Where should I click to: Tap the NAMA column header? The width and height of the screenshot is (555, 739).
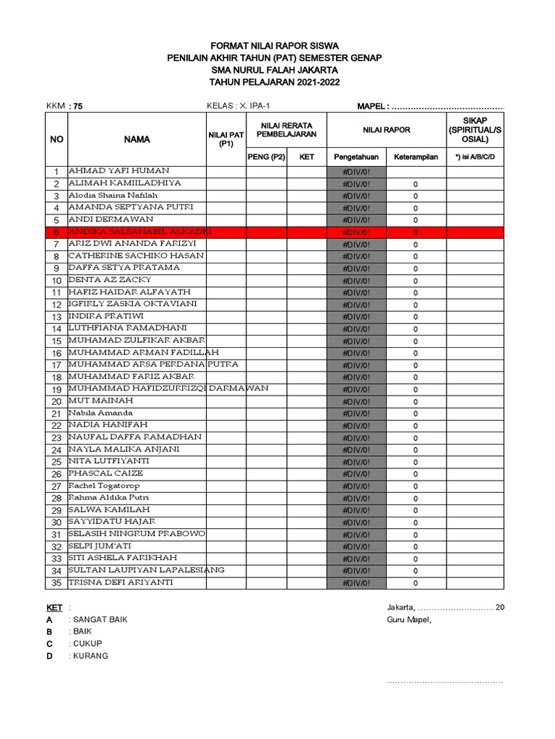[137, 139]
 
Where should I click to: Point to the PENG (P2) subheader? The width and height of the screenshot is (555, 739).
[266, 157]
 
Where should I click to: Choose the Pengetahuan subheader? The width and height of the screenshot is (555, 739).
[356, 157]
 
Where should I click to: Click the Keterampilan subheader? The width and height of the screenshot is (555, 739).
[416, 157]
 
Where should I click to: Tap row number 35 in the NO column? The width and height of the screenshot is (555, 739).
[56, 583]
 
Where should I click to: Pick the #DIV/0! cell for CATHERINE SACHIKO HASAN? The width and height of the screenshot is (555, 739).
[356, 256]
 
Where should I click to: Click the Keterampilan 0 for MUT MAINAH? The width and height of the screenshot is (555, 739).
[416, 401]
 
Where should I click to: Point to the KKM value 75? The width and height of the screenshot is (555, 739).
[77, 107]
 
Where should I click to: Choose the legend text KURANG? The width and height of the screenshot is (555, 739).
[89, 655]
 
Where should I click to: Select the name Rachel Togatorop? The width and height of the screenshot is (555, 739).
[106, 486]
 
